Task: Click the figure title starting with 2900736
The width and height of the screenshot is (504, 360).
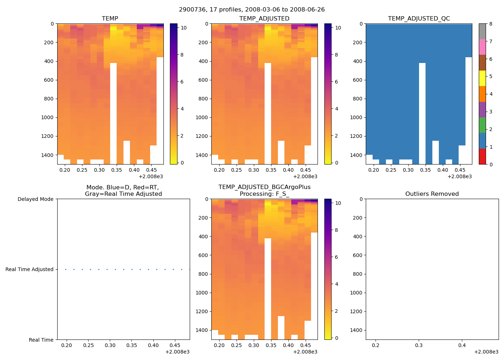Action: coord(252,10)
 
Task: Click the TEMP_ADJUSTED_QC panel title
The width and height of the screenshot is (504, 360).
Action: coord(419,18)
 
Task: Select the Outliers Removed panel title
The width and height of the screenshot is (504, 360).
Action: coord(432,194)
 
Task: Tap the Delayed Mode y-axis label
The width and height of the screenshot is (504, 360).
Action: coord(35,199)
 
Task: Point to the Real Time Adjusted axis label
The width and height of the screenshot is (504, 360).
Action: coord(29,269)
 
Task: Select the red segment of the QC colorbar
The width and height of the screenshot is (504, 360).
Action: coord(482,157)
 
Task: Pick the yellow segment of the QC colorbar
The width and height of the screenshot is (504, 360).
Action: coord(482,78)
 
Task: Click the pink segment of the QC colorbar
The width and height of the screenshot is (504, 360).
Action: coord(482,47)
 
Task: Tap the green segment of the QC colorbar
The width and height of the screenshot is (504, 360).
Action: coord(482,125)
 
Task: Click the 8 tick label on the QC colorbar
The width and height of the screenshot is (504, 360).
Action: coord(491,24)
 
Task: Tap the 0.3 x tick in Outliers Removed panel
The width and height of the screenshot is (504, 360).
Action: coord(419,345)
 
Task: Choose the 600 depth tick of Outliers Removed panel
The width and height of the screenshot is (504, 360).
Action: coord(357,255)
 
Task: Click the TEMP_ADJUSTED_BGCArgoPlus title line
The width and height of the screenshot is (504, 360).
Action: coord(264,187)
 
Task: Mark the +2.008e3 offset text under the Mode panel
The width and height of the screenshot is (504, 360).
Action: coord(177,352)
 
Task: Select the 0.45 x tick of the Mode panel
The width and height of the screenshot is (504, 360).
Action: coord(175,345)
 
